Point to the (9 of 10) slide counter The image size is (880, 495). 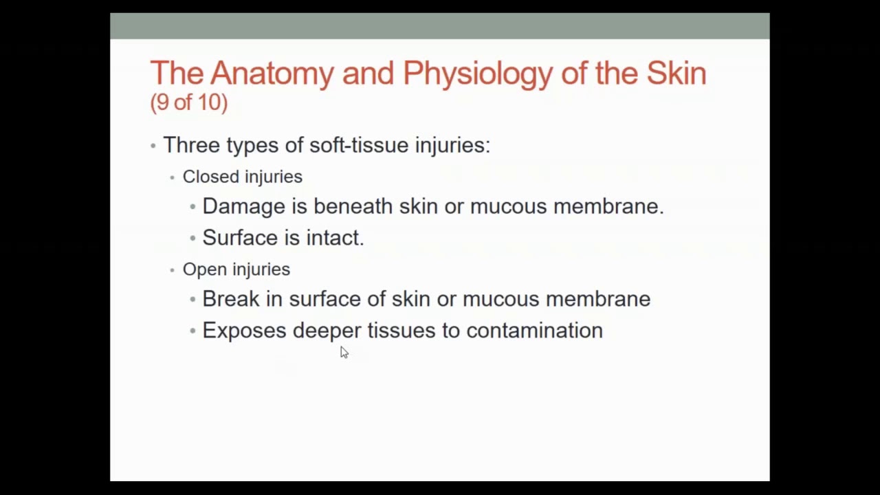point(188,102)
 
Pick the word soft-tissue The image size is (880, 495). point(359,145)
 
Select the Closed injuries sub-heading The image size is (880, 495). point(242,177)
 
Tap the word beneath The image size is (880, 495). point(353,206)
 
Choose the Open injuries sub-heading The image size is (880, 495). point(236,269)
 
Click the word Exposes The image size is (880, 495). point(244,331)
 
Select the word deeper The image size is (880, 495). point(327,331)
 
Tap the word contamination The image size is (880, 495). point(534,331)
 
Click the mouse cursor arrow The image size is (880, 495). point(344,352)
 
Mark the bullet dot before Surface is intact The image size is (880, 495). point(192,239)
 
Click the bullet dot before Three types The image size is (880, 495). point(153,146)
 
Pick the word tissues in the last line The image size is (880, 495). point(401,331)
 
